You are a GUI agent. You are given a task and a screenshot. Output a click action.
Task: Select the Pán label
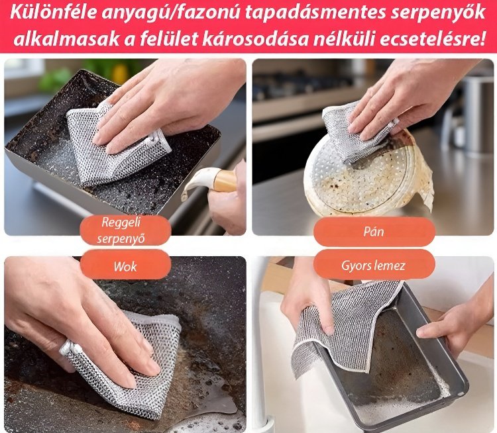pos(374,232)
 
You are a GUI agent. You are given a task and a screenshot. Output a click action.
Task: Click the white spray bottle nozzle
pos(199,185)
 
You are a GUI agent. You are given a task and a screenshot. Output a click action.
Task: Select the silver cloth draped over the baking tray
pos(345,324)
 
